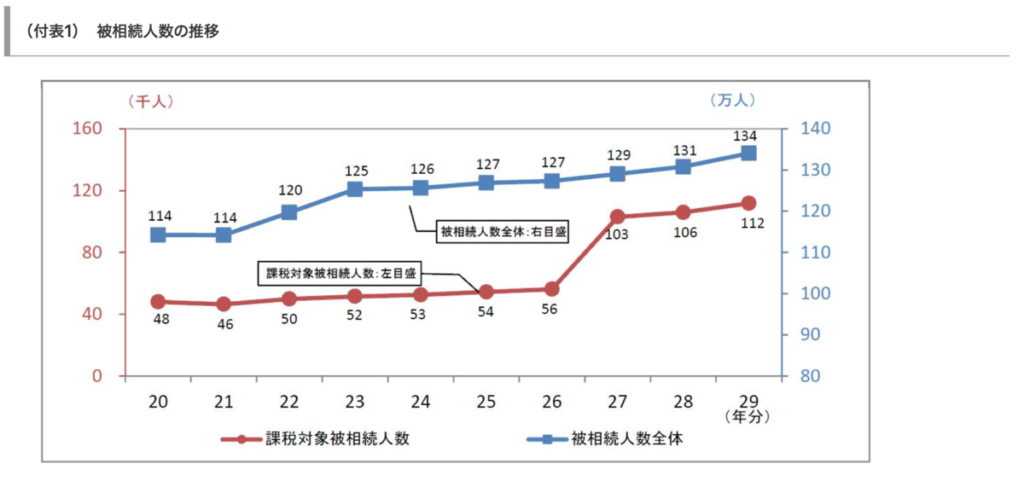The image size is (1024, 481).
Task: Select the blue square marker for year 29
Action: pyautogui.click(x=748, y=154)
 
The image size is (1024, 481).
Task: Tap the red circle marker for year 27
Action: pyautogui.click(x=618, y=217)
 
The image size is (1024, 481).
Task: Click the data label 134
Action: pyautogui.click(x=748, y=136)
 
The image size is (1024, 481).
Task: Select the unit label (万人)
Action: pyautogui.click(x=731, y=101)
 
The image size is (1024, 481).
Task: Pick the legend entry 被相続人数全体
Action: pyautogui.click(x=627, y=439)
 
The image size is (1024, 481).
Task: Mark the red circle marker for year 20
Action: pyautogui.click(x=158, y=302)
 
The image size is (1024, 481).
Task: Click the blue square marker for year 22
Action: pyautogui.click(x=289, y=212)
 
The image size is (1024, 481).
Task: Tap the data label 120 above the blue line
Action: pyautogui.click(x=289, y=190)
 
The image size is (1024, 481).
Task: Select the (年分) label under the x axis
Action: pyautogui.click(x=747, y=417)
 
